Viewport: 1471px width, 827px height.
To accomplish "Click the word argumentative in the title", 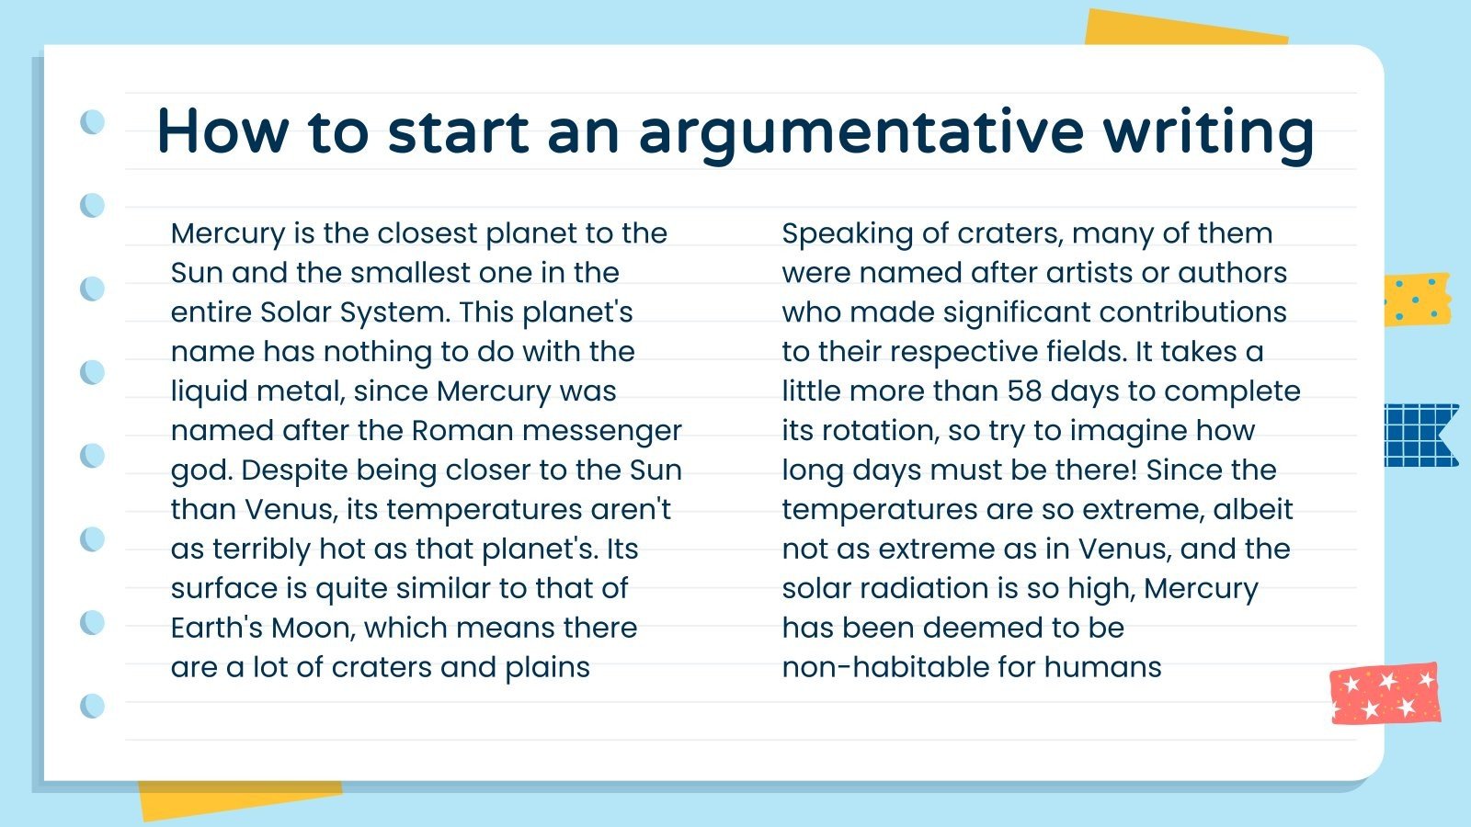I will tap(861, 131).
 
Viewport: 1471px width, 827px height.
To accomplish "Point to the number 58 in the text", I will tap(1024, 391).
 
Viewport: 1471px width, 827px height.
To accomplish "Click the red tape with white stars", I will tap(1385, 693).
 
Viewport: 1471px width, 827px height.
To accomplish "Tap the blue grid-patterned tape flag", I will tap(1420, 435).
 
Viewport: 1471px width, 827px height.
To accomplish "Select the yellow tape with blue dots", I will tap(1417, 299).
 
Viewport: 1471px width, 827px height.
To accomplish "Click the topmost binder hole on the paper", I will tap(93, 121).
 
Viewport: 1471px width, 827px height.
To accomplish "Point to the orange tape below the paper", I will tap(239, 799).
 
